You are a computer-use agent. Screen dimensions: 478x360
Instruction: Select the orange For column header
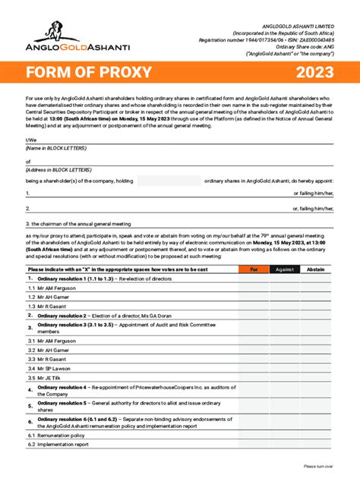click(x=254, y=269)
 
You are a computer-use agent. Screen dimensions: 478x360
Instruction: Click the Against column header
click(x=284, y=269)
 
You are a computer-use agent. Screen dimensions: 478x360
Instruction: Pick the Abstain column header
click(x=314, y=269)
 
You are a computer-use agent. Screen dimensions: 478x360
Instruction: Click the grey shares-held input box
click(x=169, y=181)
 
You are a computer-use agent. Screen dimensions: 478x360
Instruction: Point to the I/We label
click(x=30, y=140)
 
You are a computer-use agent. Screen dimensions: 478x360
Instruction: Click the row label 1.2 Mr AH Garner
click(x=48, y=297)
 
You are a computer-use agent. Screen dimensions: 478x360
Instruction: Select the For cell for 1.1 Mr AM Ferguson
click(x=254, y=288)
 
